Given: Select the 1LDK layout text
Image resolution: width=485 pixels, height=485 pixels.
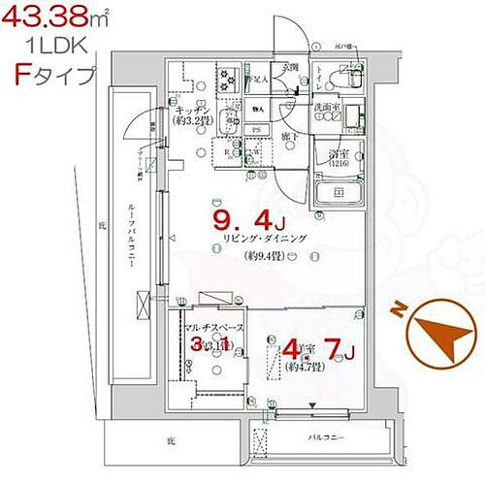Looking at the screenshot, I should click(45, 45).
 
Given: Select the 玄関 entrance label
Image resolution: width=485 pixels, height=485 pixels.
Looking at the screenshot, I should click(290, 68).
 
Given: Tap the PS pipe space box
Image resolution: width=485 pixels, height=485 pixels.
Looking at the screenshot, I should click(257, 130).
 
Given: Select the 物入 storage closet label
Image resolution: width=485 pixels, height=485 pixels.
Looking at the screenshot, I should click(257, 108).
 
